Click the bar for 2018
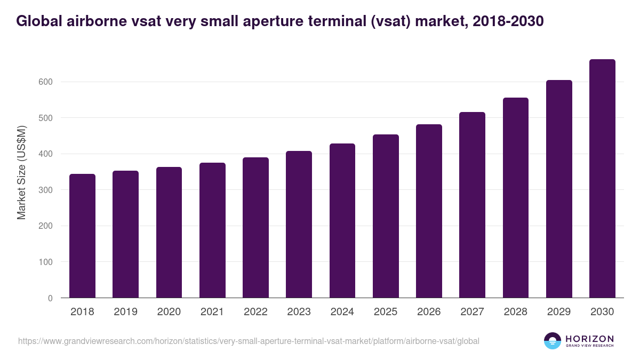tap(82, 236)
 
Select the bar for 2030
tap(602, 179)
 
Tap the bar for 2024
tap(342, 220)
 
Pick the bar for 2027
tap(472, 205)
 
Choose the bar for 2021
tap(212, 230)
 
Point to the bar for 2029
tap(559, 189)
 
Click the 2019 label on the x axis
tap(125, 312)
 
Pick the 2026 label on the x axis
tap(429, 312)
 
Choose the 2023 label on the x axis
tap(299, 312)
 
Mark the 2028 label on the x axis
tap(515, 312)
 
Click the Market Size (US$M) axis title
tap(22, 173)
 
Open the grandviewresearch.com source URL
tap(249, 341)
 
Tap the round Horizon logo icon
tap(553, 341)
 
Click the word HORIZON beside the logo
tap(589, 338)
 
